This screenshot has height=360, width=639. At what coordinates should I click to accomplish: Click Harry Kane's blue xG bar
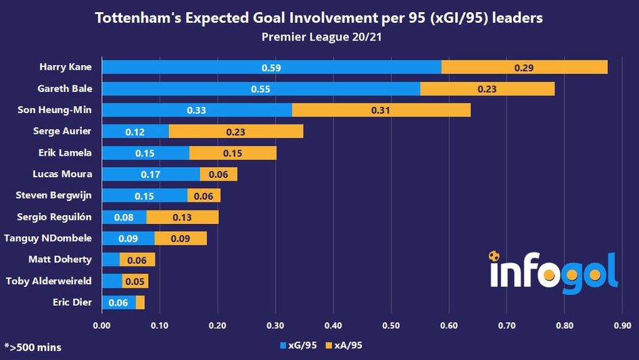[271, 68]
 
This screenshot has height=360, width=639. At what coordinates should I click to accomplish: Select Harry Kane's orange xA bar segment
[524, 68]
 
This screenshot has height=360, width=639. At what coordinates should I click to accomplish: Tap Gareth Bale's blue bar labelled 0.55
[261, 89]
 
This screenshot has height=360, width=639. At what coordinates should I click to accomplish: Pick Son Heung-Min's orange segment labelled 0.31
[381, 110]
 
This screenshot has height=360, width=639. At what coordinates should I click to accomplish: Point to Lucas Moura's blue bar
[151, 175]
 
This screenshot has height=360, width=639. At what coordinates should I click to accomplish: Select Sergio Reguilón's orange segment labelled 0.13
[182, 217]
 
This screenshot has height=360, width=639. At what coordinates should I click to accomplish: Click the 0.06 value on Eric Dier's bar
[118, 302]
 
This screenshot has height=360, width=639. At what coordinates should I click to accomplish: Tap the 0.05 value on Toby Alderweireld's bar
[135, 282]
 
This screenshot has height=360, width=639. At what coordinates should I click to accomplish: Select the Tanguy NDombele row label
[48, 238]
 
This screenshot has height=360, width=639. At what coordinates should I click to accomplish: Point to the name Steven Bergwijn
[54, 196]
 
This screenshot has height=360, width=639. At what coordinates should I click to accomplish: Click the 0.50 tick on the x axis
[391, 325]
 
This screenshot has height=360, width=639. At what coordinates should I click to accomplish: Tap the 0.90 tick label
[622, 325]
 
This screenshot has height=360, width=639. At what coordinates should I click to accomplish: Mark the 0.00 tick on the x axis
[101, 325]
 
